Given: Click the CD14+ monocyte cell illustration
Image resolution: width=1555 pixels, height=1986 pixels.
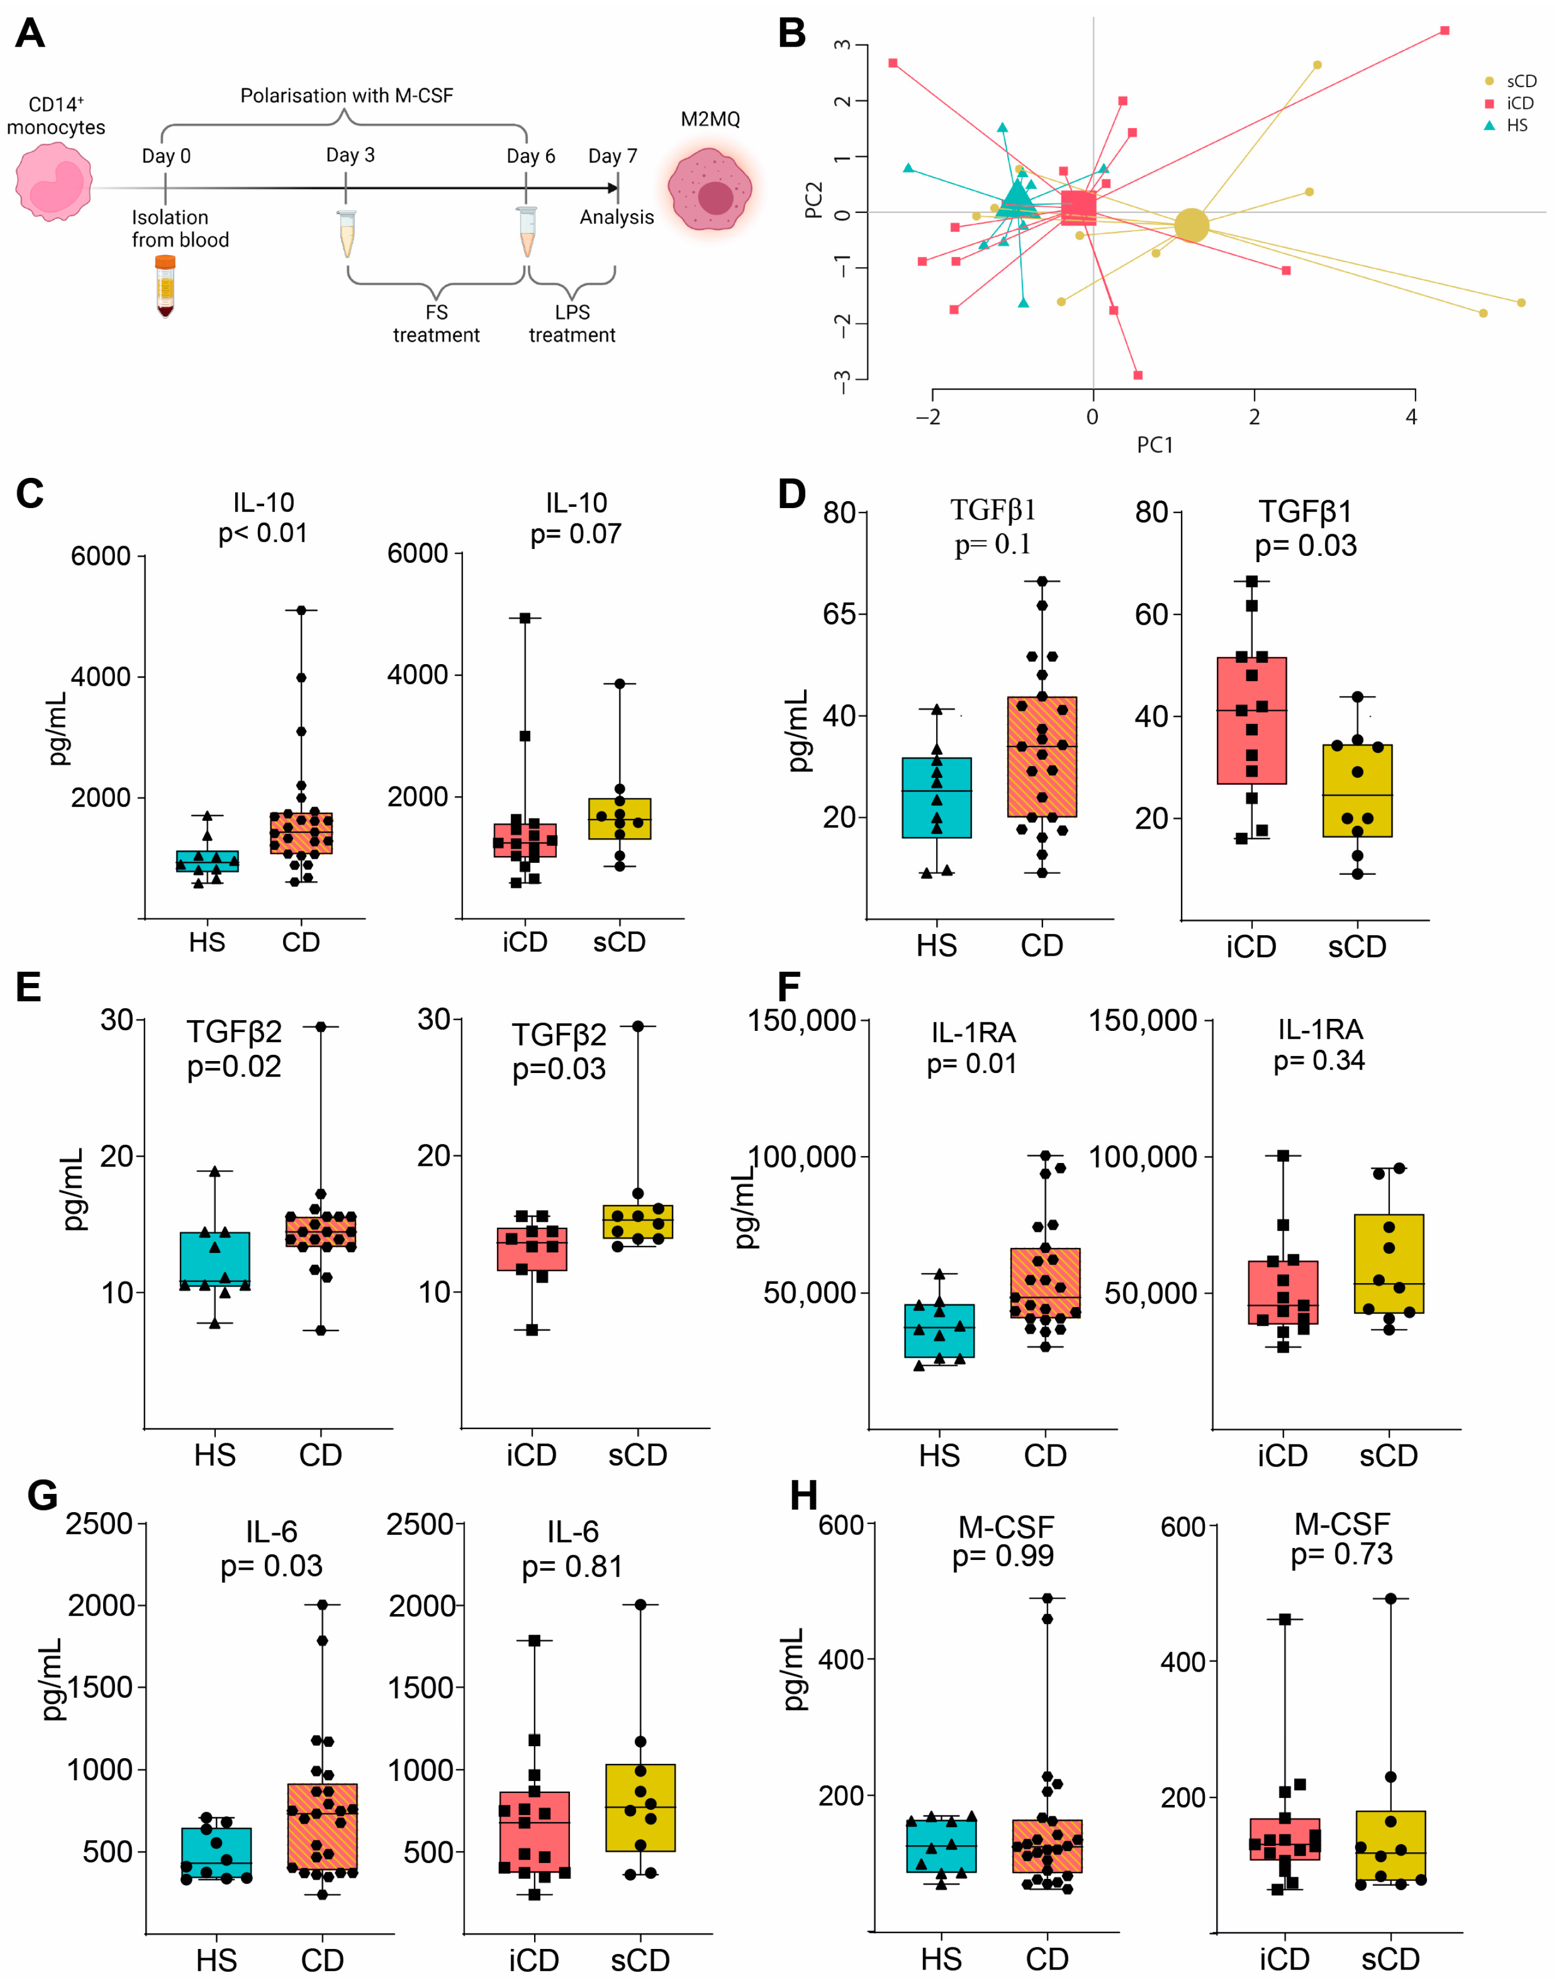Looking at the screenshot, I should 55,182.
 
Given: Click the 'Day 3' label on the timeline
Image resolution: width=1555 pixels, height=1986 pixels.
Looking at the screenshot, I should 351,155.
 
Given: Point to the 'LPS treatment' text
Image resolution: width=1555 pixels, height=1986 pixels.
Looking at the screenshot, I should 572,324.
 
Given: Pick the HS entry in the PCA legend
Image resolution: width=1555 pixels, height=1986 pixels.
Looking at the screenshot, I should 1516,126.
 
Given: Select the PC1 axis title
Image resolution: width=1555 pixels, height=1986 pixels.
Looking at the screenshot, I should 1154,444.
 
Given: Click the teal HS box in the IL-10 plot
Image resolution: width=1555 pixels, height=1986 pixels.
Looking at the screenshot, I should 208,861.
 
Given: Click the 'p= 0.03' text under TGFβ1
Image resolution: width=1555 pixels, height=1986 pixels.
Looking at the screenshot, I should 1306,546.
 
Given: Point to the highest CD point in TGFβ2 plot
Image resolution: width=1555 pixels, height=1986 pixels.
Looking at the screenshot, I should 321,1026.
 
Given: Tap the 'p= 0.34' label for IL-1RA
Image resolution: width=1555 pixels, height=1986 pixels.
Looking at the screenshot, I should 1319,1060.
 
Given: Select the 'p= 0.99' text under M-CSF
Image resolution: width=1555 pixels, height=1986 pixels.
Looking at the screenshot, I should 1002,1555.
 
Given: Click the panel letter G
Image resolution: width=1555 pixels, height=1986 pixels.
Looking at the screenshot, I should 43,1495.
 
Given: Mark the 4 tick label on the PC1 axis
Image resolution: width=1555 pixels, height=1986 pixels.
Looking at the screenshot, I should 1411,417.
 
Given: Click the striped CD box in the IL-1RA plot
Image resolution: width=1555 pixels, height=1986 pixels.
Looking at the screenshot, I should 1045,1282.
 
